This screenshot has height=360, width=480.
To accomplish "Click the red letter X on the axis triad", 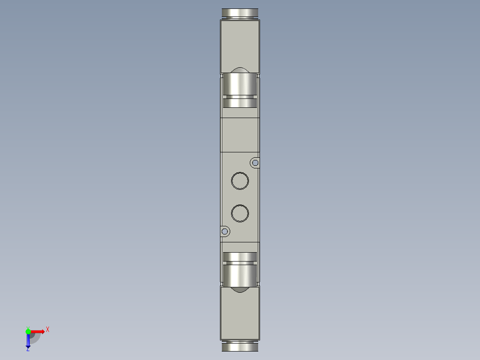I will (x=48, y=329).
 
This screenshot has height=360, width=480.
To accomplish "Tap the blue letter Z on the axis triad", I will (x=28, y=349).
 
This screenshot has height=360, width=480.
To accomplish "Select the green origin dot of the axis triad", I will (x=28, y=331).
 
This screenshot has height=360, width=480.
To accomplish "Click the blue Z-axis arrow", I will (x=28, y=341).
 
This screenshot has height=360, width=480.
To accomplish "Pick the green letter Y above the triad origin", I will (x=28, y=327).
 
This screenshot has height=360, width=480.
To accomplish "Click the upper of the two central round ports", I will (x=240, y=180).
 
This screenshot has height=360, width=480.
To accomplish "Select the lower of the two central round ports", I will (x=240, y=213).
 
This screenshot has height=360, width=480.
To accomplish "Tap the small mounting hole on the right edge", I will (x=255, y=163).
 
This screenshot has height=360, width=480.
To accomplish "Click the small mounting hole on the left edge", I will (x=225, y=231).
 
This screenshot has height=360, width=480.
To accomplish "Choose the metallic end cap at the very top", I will (x=240, y=13).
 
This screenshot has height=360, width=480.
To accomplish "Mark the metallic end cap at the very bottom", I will (x=240, y=346).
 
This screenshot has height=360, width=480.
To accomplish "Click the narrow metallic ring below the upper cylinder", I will (x=240, y=103).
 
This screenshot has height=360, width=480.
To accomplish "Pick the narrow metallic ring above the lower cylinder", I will (x=240, y=257).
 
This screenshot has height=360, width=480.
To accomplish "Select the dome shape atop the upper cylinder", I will (x=240, y=70).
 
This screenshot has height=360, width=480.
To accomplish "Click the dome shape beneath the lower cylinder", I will (x=240, y=290).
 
